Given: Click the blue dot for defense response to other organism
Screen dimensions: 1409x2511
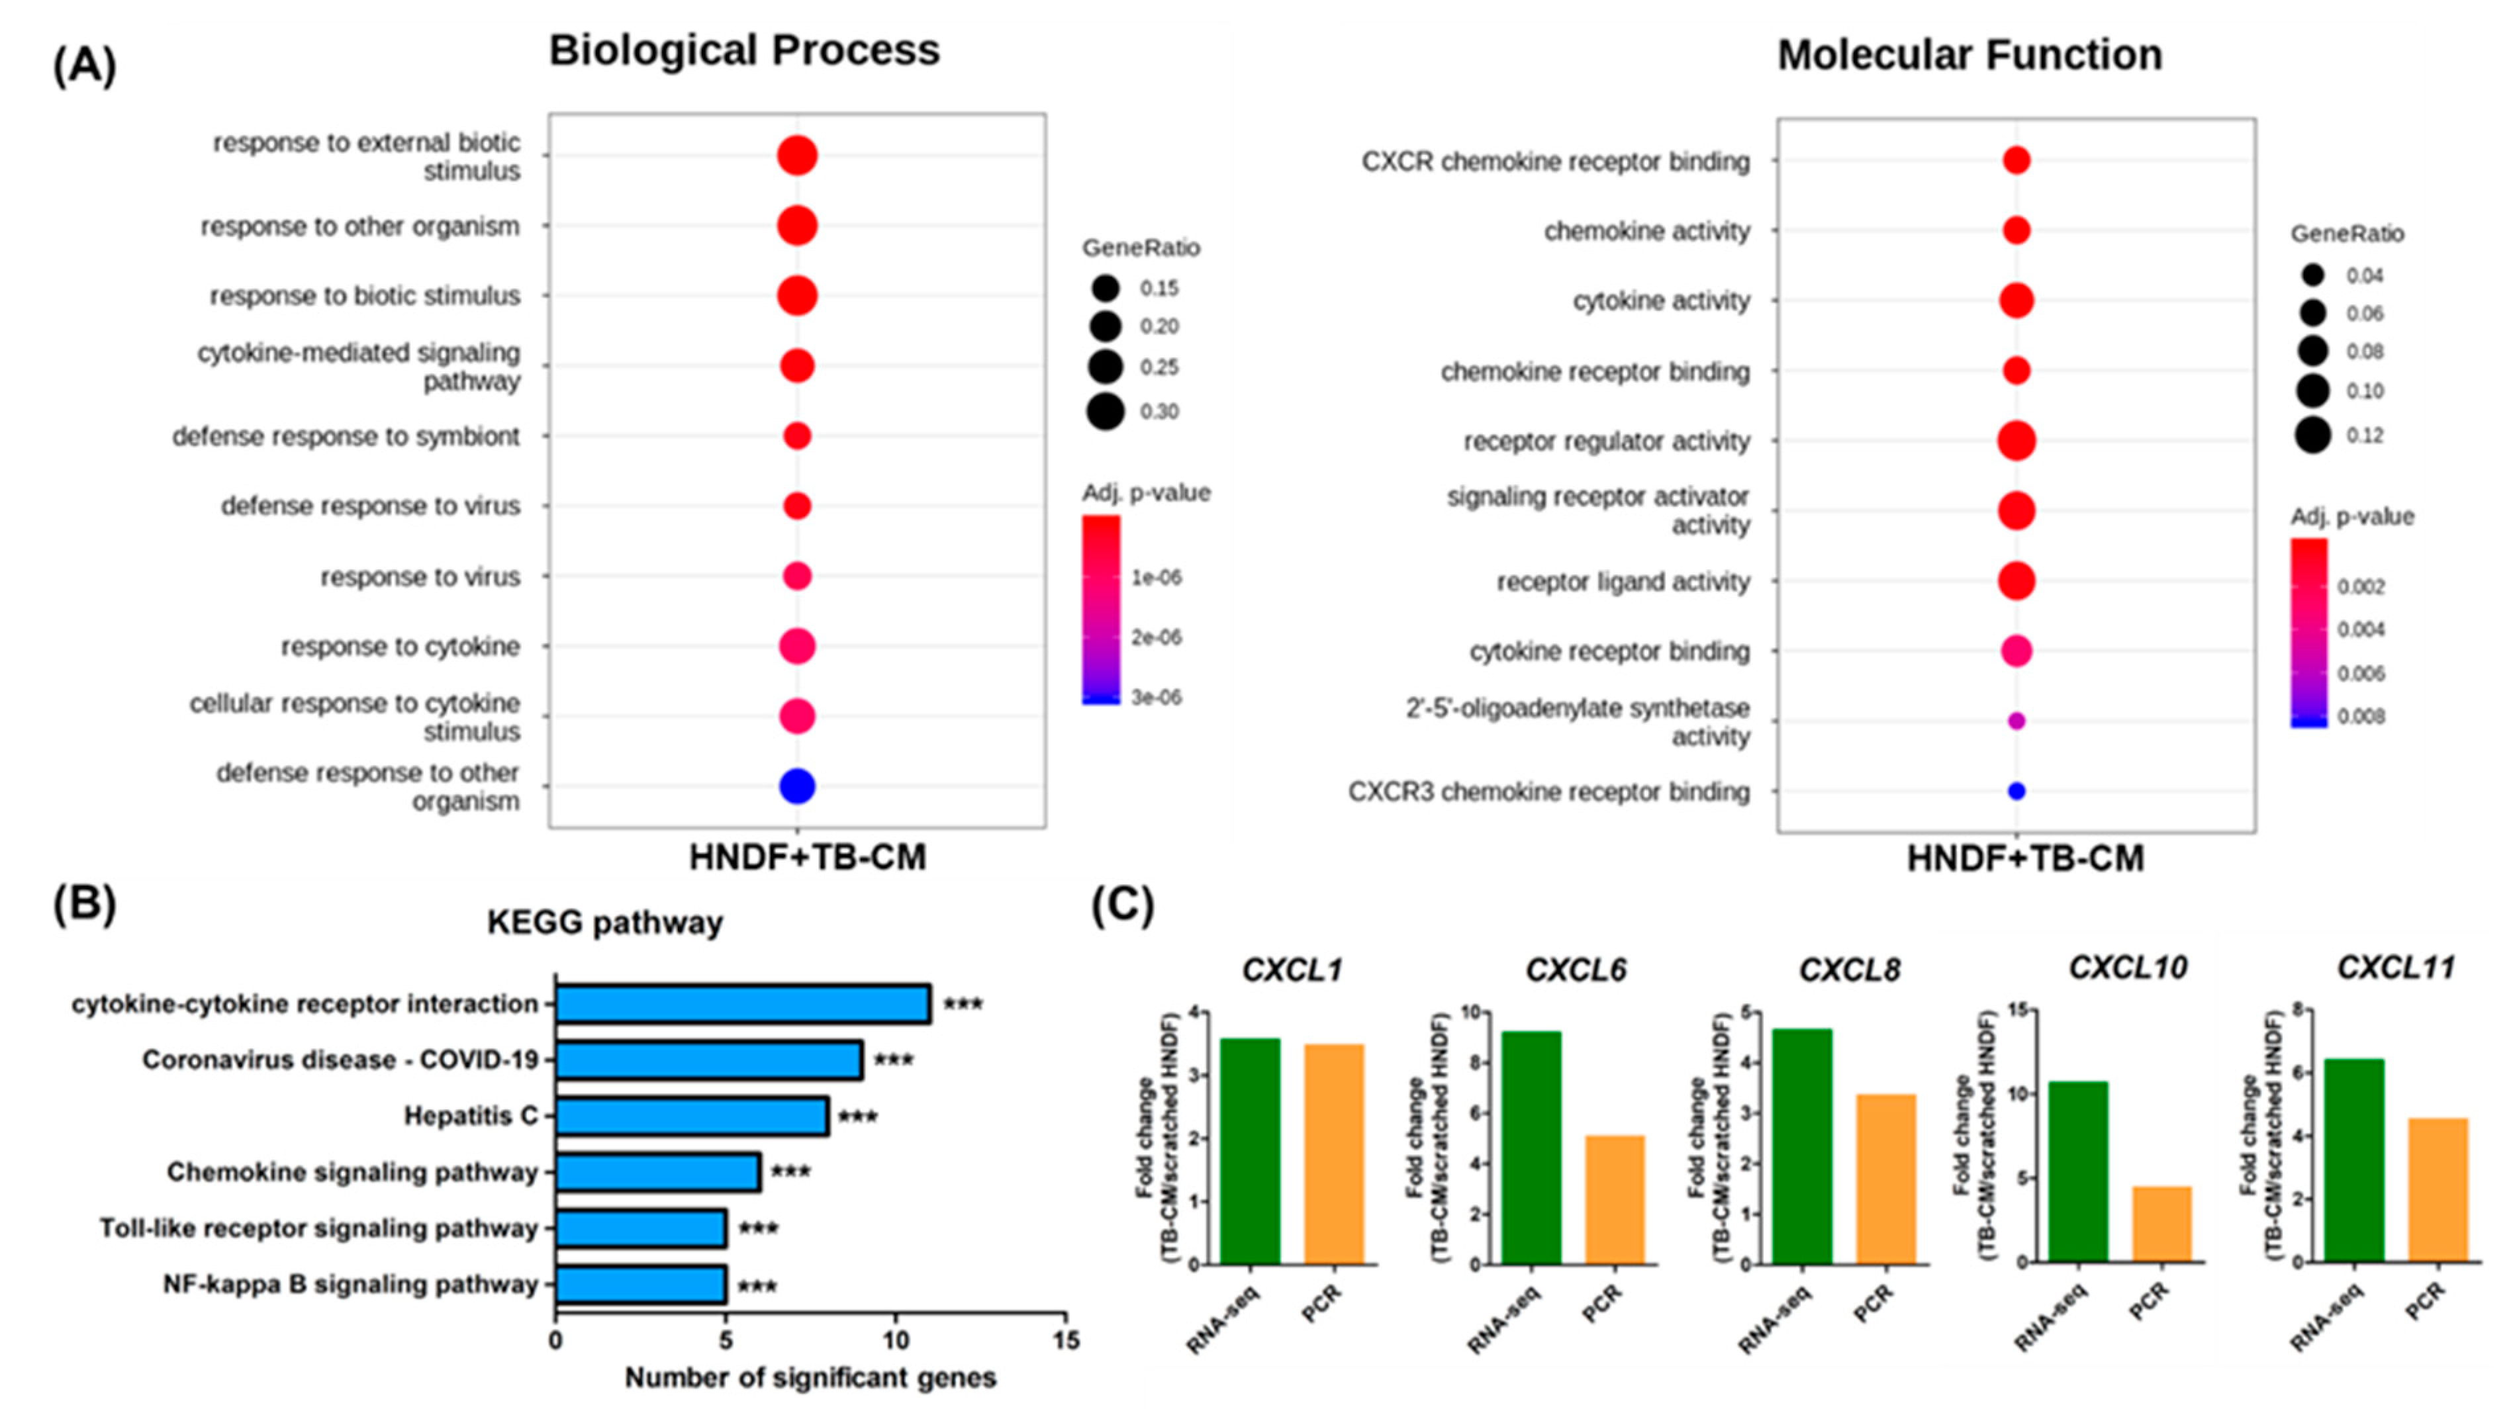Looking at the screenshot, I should pyautogui.click(x=796, y=786).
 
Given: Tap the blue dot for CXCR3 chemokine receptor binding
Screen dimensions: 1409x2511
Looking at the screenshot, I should pyautogui.click(x=2016, y=792).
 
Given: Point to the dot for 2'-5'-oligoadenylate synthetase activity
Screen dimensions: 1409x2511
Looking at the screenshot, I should pyautogui.click(x=2016, y=721).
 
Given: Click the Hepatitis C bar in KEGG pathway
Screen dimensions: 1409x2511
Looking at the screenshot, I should pyautogui.click(x=692, y=1116).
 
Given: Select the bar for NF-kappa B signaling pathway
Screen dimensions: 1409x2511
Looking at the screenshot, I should pyautogui.click(x=640, y=1285).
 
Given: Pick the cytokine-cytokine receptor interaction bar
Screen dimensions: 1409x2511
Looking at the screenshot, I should pyautogui.click(x=743, y=1005).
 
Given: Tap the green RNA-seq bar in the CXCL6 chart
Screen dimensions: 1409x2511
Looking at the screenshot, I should pyautogui.click(x=1531, y=1148).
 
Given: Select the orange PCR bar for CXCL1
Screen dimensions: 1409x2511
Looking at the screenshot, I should pyautogui.click(x=1333, y=1155).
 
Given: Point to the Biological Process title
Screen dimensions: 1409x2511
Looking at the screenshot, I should pyautogui.click(x=743, y=51).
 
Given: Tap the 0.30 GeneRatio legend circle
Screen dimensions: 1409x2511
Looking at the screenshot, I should pyautogui.click(x=1106, y=411).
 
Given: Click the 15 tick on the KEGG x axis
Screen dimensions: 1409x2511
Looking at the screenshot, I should pyautogui.click(x=1065, y=1341).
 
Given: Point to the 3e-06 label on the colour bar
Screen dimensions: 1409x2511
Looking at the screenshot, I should pyautogui.click(x=1156, y=698).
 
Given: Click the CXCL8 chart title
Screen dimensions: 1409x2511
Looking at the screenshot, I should pyautogui.click(x=1848, y=970).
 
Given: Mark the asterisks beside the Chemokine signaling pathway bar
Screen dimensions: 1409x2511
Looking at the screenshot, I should pyautogui.click(x=790, y=1171).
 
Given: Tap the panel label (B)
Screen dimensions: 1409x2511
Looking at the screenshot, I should pyautogui.click(x=84, y=903).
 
